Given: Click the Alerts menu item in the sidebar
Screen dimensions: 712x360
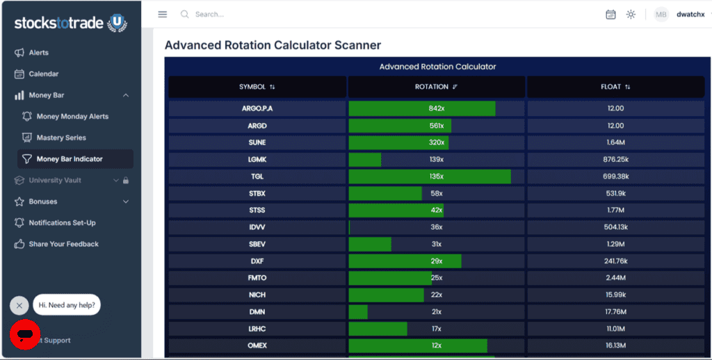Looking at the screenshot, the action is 32,53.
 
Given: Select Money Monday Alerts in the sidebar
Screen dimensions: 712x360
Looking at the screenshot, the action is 65,117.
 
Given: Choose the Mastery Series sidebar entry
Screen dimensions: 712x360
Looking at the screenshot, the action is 54,138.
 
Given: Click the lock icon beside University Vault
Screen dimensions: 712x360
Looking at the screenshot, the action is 126,180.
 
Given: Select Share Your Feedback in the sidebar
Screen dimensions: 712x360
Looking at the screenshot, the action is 56,244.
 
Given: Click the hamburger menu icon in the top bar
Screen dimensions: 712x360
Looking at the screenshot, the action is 163,15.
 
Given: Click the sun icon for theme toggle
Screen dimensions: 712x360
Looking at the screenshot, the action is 631,15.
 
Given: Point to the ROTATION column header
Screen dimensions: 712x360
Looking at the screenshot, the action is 437,87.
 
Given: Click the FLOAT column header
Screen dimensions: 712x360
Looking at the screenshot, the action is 616,87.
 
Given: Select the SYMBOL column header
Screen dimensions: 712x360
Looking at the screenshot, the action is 257,87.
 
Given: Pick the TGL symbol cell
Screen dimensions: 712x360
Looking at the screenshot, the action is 257,177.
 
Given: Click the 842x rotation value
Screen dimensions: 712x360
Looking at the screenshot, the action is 437,108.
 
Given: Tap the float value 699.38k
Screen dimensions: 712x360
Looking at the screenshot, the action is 616,177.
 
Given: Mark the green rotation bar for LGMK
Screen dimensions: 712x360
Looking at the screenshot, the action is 364,160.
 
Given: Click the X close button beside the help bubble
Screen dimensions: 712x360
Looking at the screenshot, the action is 19,306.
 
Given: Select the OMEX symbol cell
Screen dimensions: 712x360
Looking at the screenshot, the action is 257,345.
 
